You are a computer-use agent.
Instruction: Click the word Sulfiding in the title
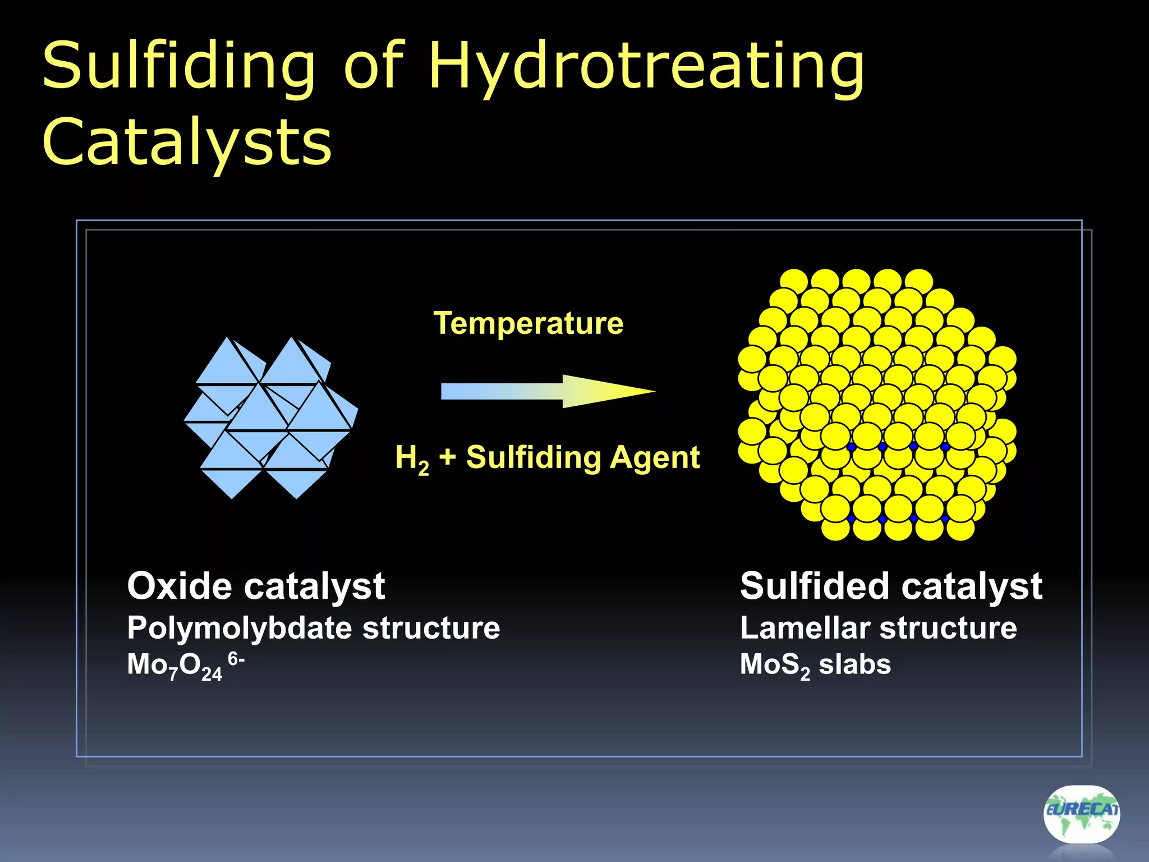point(178,66)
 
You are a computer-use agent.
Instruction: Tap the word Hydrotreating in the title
point(646,66)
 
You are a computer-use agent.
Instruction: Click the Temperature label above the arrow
point(528,323)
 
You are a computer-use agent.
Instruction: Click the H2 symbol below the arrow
point(412,458)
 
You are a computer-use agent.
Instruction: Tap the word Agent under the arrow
point(655,457)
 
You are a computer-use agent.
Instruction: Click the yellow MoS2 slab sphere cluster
point(877,404)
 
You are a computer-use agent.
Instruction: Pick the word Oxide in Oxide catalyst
point(180,586)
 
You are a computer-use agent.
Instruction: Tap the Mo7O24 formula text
point(174,666)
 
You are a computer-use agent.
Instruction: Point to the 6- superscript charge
point(236,659)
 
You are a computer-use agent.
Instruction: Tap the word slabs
point(854,664)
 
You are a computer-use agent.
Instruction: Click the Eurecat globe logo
point(1081,813)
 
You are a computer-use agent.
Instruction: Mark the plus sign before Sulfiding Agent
point(447,457)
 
